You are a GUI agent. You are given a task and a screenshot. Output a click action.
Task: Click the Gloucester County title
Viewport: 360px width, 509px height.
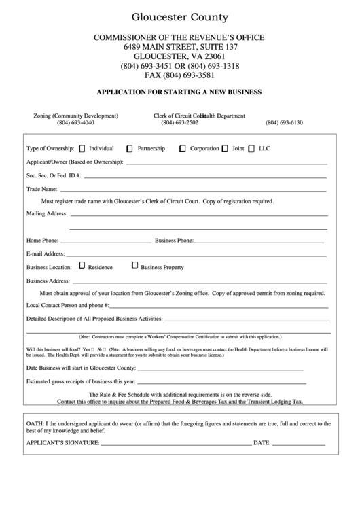click(180, 18)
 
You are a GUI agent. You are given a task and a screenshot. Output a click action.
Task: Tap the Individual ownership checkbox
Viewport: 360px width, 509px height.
click(82, 148)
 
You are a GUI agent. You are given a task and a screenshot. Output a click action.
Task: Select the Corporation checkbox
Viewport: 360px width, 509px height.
click(183, 148)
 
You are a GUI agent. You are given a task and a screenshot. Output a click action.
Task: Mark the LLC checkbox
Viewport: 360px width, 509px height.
click(251, 148)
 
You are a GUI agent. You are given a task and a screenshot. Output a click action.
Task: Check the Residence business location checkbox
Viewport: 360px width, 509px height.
click(82, 266)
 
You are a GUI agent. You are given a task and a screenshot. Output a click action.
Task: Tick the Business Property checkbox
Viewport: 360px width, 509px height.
click(134, 266)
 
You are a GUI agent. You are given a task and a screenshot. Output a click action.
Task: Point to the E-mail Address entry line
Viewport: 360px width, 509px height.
click(197, 255)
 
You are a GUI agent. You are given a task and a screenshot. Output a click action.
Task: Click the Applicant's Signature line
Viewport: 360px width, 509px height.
click(176, 444)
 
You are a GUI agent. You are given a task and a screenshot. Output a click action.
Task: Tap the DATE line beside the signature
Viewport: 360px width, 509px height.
click(299, 444)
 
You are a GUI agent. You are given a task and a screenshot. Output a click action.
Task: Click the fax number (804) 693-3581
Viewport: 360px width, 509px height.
click(179, 75)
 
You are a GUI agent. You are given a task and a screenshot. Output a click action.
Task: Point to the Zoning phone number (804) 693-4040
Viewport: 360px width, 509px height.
click(75, 123)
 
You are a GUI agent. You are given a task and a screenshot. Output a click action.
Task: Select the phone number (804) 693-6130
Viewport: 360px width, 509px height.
click(284, 123)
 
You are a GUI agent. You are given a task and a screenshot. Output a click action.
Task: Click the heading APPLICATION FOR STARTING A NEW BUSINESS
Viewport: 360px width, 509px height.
click(179, 92)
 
